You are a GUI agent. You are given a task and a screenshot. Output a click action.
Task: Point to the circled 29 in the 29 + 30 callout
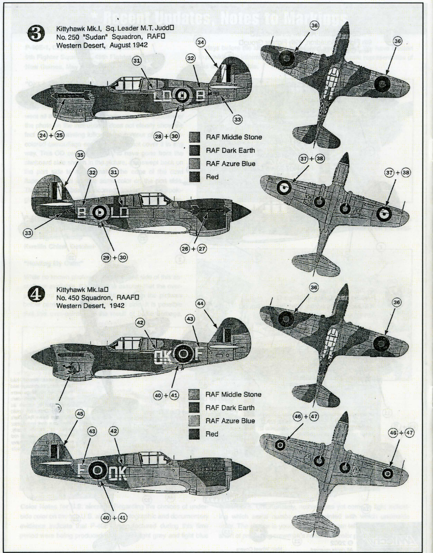point(106,257)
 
